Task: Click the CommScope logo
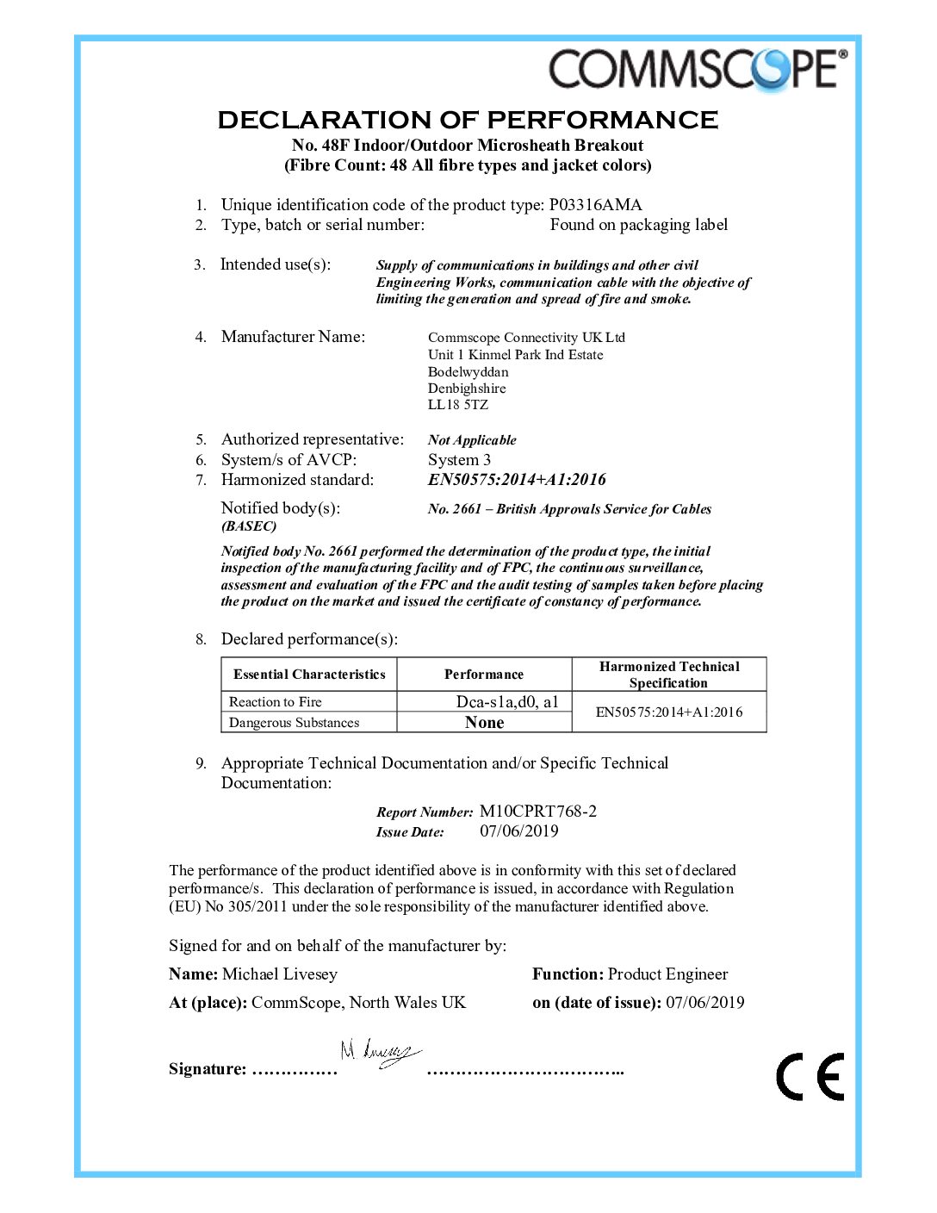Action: coord(698,69)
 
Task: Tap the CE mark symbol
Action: coord(810,1076)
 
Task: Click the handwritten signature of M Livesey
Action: coord(379,1052)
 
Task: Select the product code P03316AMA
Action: coord(595,205)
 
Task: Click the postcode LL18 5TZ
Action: coord(457,405)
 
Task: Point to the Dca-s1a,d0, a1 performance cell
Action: coord(506,702)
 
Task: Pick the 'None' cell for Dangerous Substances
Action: coord(484,723)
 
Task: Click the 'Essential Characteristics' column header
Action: coord(309,675)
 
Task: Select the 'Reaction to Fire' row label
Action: coord(275,702)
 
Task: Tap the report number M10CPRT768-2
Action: coord(537,812)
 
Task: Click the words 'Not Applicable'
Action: coord(472,440)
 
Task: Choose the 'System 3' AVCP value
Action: coord(459,460)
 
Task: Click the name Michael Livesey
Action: coord(279,974)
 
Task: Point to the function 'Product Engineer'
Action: coord(667,974)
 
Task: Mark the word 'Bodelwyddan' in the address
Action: coord(468,372)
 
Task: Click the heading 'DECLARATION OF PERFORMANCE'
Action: coord(468,120)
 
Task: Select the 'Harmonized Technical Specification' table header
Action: coord(668,675)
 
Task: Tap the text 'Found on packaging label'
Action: coord(638,225)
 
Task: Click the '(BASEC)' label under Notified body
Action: coord(249,526)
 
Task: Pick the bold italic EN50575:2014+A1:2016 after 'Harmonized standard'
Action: coord(517,480)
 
